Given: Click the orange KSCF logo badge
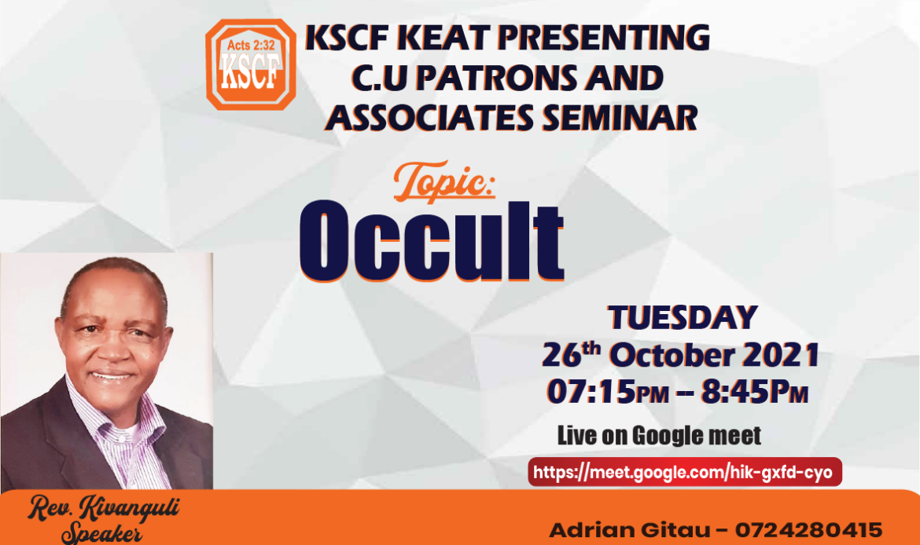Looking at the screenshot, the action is point(251,64).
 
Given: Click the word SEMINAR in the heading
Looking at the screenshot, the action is point(620,117).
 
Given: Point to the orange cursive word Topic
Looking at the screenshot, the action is point(444,181).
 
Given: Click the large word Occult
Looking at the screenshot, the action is point(432,241).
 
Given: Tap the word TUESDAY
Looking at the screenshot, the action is point(683,317).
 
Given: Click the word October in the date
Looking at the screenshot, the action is point(672,355).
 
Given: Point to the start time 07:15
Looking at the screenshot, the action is point(591,391).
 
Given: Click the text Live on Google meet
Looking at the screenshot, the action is point(659,435).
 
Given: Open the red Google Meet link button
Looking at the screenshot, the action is point(685,472).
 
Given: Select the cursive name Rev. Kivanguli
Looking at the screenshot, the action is point(104,509).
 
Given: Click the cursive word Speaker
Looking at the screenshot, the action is point(101,533).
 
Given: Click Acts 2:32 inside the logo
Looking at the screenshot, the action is point(251,45).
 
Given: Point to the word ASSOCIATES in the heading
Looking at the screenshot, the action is point(429,117).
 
